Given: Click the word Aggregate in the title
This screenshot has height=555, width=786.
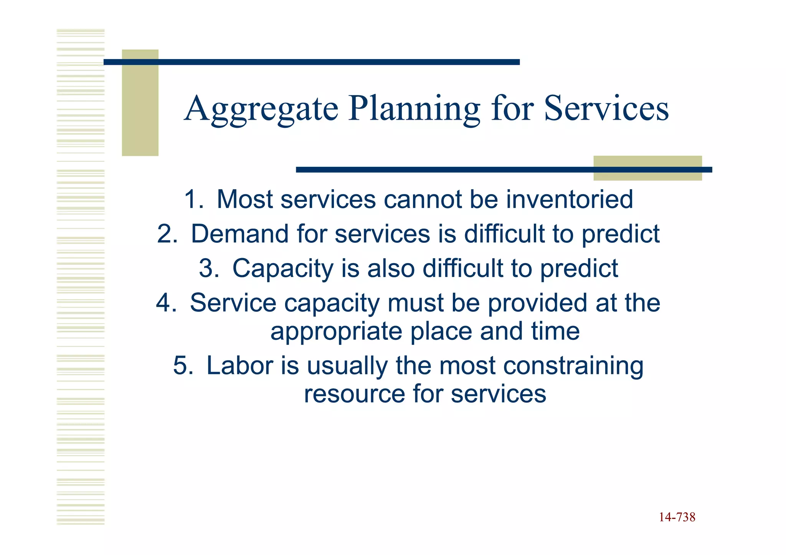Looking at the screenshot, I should (x=261, y=109).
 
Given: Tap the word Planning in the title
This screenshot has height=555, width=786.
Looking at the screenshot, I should (x=414, y=109).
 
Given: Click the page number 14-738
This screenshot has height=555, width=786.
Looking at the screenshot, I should (x=677, y=517).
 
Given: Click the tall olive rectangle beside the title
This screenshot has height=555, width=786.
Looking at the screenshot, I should (x=140, y=102).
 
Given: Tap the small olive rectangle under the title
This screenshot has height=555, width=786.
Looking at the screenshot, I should (x=647, y=168).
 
